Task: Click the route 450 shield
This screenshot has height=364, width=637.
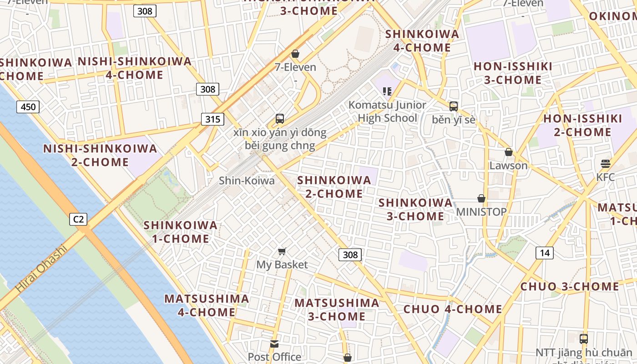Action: pyautogui.click(x=28, y=107)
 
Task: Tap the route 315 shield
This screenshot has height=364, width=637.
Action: pyautogui.click(x=212, y=120)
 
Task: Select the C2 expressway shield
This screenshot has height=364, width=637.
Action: pyautogui.click(x=79, y=219)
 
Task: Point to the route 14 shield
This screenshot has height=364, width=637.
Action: pyautogui.click(x=545, y=253)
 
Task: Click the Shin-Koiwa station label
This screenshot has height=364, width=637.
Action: pyautogui.click(x=247, y=181)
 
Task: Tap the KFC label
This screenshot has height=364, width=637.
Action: pyautogui.click(x=605, y=177)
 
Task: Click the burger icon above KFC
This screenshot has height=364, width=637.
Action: pyautogui.click(x=605, y=163)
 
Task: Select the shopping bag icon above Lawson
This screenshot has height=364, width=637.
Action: pyautogui.click(x=508, y=152)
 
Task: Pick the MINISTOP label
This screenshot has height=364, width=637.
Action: pyautogui.click(x=481, y=212)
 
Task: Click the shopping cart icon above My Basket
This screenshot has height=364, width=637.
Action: pyautogui.click(x=282, y=251)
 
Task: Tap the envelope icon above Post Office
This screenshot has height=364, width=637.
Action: pyautogui.click(x=274, y=344)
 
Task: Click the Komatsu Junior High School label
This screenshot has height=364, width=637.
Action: pyautogui.click(x=387, y=111)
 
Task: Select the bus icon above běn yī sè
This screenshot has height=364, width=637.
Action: pyautogui.click(x=453, y=106)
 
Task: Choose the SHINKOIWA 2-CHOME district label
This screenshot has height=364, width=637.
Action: pyautogui.click(x=334, y=187)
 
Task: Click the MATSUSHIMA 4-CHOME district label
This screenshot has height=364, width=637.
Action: pyautogui.click(x=207, y=305)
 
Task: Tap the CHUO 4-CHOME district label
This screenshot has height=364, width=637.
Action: pyautogui.click(x=453, y=309)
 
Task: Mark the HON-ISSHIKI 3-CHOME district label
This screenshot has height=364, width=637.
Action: pyautogui.click(x=513, y=73)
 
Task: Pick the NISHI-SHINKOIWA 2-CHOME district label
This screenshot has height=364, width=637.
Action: pyautogui.click(x=100, y=155)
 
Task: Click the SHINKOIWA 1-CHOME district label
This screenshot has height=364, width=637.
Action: pyautogui.click(x=181, y=232)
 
